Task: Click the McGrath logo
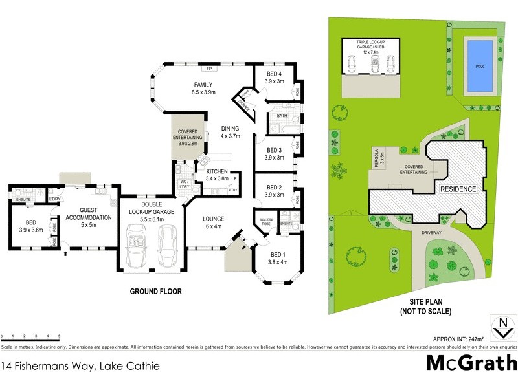click(x=471, y=363)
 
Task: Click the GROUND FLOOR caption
click(x=155, y=291)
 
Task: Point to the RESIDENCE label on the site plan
click(x=458, y=189)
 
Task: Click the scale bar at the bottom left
click(x=30, y=337)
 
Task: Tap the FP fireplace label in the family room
click(x=209, y=69)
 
